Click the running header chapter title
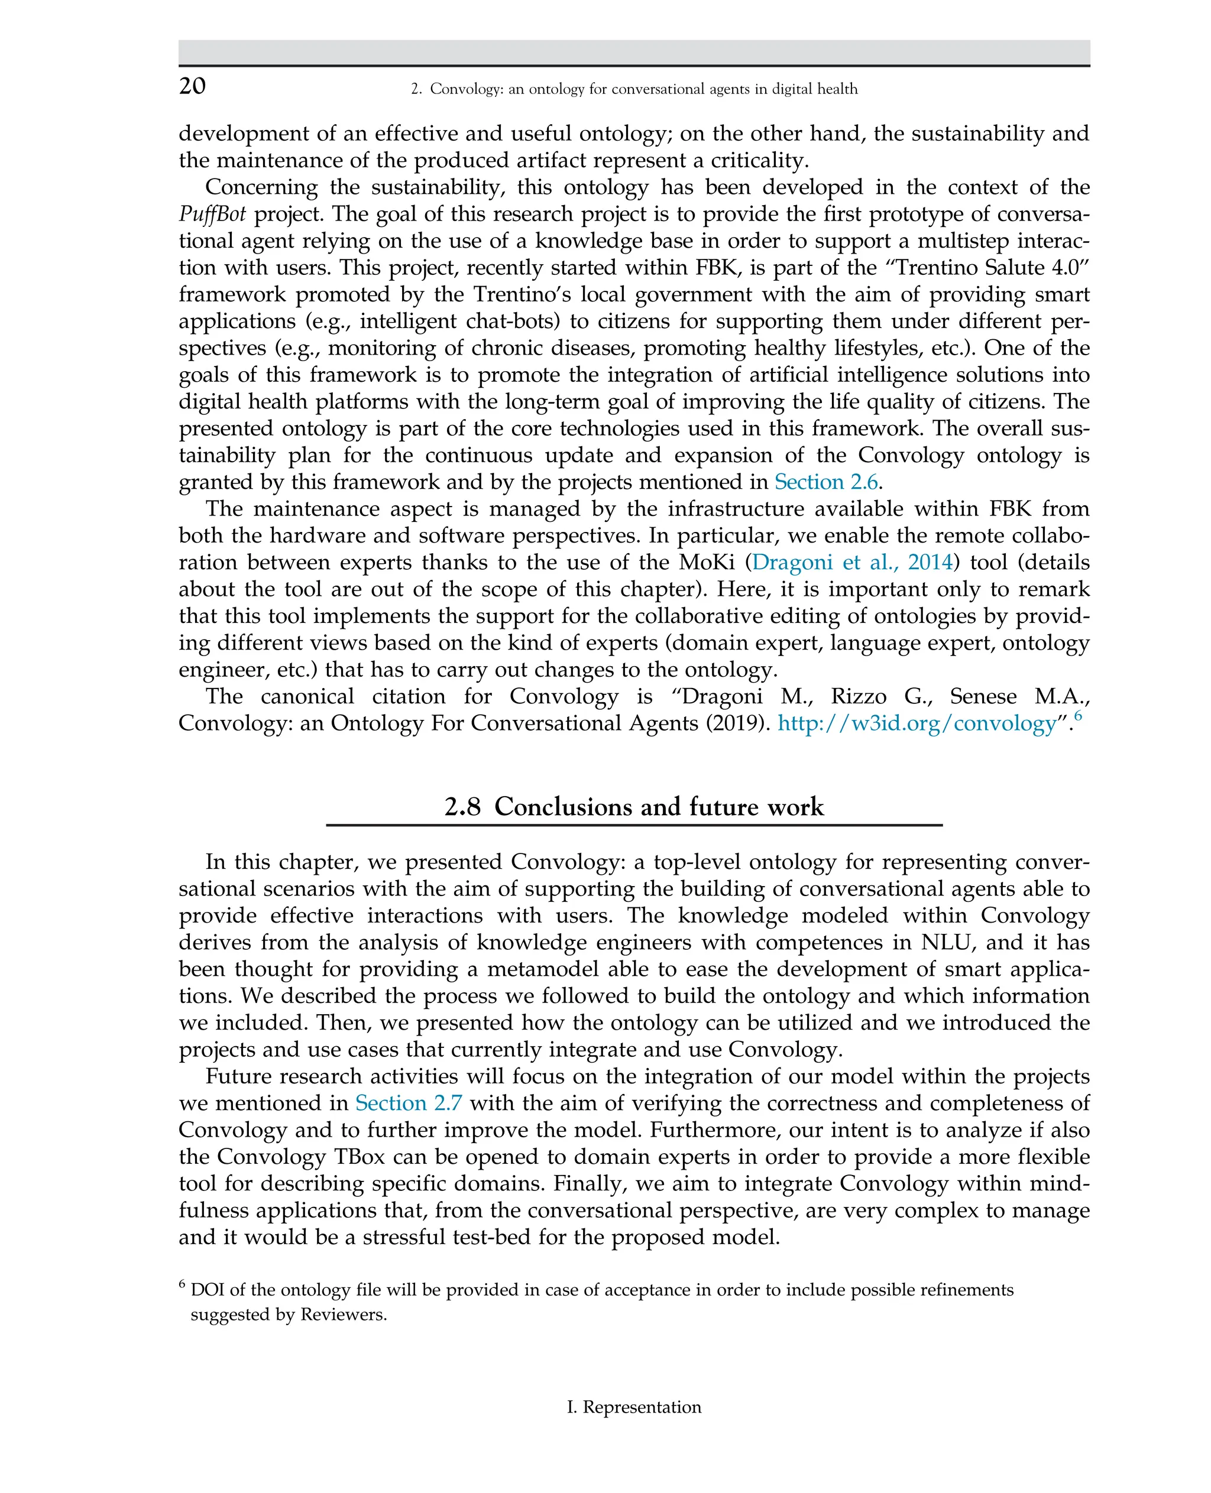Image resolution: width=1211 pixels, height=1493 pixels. click(633, 89)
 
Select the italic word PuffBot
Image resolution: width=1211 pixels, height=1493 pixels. click(212, 214)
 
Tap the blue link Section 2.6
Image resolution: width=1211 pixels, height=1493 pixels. click(825, 482)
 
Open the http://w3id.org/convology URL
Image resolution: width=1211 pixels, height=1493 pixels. click(917, 724)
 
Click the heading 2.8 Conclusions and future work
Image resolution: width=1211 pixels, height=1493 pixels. click(633, 807)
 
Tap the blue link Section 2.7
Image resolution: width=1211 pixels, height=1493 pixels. click(408, 1103)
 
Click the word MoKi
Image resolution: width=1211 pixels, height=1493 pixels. click(709, 563)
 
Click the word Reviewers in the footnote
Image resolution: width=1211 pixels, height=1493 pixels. click(342, 1315)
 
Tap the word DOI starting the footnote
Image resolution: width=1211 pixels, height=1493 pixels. click(206, 1290)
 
